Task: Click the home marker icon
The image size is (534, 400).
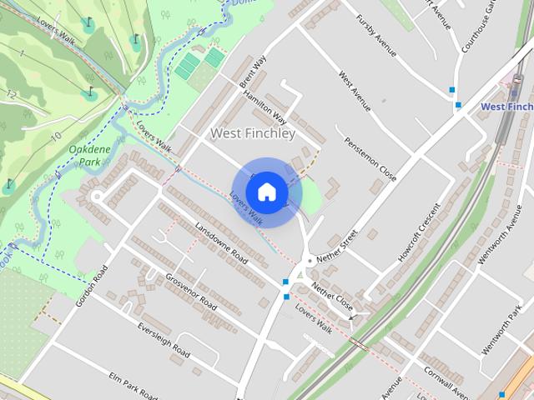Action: point(266,192)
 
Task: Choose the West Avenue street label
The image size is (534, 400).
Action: point(355,91)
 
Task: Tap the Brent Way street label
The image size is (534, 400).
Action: point(252,72)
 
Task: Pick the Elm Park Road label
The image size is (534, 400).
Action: point(133,386)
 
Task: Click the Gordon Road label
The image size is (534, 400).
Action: point(93,286)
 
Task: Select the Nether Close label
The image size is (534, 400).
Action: point(333,297)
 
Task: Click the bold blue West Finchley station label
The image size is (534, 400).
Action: point(506,107)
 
